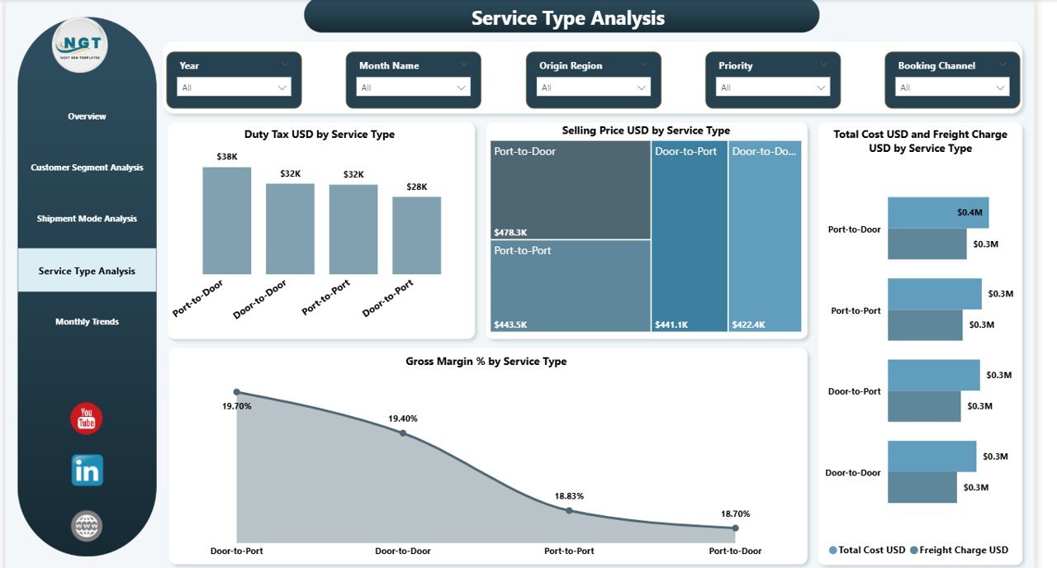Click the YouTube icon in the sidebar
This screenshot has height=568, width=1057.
click(x=87, y=419)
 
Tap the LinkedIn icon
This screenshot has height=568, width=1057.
click(x=87, y=471)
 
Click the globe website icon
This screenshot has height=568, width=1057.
click(x=87, y=526)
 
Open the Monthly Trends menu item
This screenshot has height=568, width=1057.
click(x=87, y=322)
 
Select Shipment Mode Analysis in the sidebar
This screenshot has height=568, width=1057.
click(x=87, y=219)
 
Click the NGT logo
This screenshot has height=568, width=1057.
click(x=80, y=45)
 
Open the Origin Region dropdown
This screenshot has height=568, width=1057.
click(x=593, y=88)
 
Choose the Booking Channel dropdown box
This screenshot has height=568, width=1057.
click(x=952, y=88)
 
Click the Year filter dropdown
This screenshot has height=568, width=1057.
click(x=234, y=88)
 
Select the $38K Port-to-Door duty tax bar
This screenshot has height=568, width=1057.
click(x=226, y=220)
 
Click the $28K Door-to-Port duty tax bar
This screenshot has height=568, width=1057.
click(x=416, y=235)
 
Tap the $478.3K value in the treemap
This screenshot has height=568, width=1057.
click(x=510, y=232)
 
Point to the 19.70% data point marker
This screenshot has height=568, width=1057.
click(x=237, y=392)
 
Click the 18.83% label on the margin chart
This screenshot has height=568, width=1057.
click(x=569, y=496)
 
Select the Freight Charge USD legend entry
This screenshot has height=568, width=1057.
click(x=962, y=550)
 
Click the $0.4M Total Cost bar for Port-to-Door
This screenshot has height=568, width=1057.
click(x=937, y=212)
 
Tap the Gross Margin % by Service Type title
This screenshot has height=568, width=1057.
click(x=486, y=362)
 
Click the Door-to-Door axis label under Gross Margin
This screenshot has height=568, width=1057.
click(x=403, y=551)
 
